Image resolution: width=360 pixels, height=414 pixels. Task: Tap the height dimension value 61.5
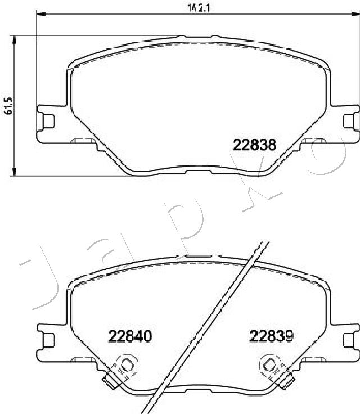tap(8, 106)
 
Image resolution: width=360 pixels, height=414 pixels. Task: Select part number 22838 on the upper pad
tap(254, 145)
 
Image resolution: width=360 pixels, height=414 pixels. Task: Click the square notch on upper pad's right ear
tap(349, 119)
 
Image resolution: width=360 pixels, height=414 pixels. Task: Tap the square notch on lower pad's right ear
tap(349, 340)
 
